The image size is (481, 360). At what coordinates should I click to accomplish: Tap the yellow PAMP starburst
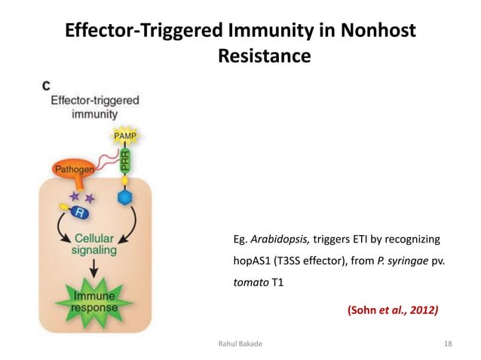click(x=124, y=136)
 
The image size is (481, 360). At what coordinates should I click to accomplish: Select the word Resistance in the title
click(x=264, y=56)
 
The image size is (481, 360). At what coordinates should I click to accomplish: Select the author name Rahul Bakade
click(x=241, y=343)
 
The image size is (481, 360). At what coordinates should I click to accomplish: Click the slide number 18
click(x=448, y=343)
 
